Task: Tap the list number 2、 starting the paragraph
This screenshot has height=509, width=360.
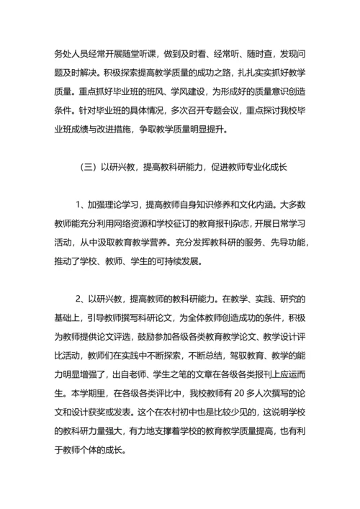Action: point(81,298)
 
